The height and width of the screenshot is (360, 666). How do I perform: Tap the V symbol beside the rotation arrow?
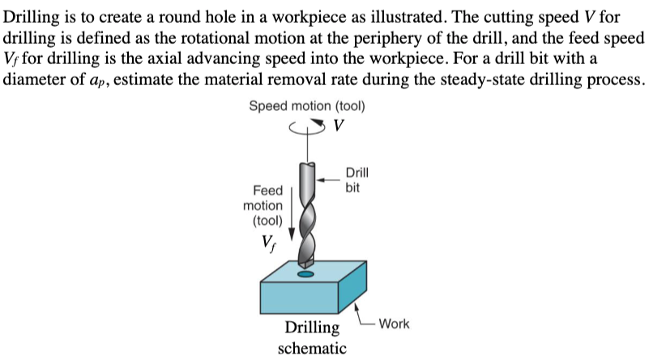pos(339,126)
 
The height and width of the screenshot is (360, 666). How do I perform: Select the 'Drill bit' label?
pos(356,180)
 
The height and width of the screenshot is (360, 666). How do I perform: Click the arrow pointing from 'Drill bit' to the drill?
pos(329,174)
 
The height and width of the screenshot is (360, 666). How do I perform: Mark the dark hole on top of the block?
pos(305,275)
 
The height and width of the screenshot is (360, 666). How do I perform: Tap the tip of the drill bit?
pos(305,265)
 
